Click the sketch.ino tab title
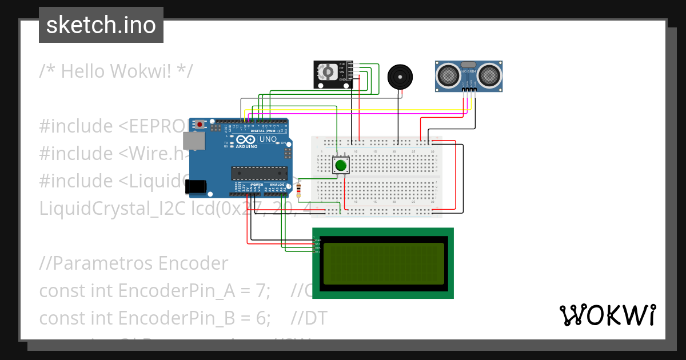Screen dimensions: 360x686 101,25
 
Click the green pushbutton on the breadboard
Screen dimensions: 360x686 341,166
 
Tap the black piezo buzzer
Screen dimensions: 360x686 399,76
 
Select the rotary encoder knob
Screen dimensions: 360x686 328,72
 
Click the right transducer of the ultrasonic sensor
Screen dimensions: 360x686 490,74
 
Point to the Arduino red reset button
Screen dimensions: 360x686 200,124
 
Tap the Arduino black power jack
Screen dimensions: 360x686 196,185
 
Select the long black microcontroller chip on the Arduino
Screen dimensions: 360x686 259,173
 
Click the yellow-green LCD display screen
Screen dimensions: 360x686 384,263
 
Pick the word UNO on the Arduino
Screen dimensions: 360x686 268,139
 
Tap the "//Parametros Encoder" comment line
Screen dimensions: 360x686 133,263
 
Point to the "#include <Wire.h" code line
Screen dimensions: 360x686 114,153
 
